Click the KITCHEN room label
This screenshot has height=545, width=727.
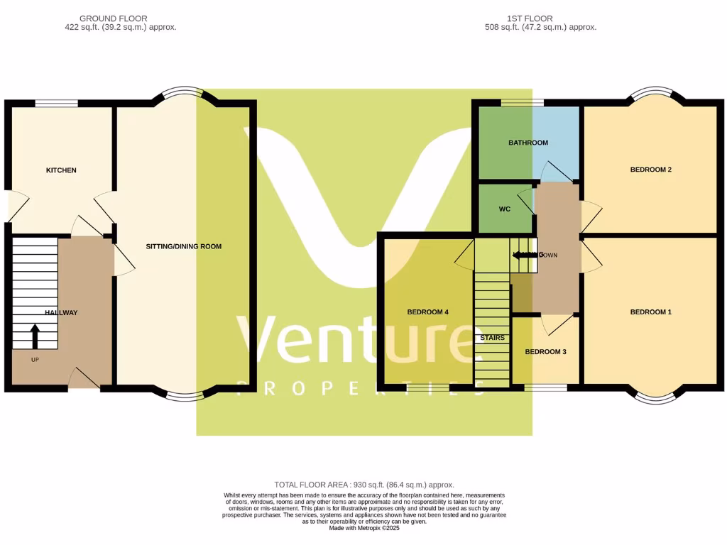click(61, 170)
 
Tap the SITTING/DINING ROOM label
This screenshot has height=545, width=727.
click(183, 247)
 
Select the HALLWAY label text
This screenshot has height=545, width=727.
click(61, 312)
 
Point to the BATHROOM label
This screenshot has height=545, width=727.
click(528, 143)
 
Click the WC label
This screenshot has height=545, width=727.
click(505, 209)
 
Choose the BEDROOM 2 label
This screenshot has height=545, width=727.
click(650, 170)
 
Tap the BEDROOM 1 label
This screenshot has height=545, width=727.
click(650, 312)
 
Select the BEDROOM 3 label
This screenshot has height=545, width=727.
click(545, 352)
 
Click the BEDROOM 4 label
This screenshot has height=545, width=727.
click(427, 312)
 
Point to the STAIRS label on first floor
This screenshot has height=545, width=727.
click(492, 338)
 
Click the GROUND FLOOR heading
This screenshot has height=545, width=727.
click(114, 18)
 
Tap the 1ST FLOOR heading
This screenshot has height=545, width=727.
click(530, 18)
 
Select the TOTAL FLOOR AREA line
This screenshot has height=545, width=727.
click(363, 485)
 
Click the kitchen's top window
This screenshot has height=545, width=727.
click(57, 103)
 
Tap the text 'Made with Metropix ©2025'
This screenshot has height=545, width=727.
click(363, 528)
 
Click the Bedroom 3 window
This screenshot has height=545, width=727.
click(545, 387)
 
